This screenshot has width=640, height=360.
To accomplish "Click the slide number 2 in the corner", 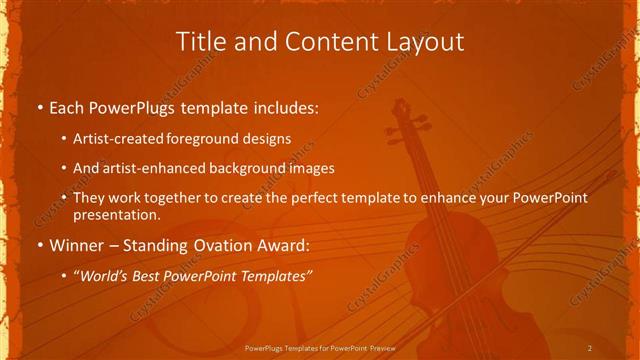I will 589,348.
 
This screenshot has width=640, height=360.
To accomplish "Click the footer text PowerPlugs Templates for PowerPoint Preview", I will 320,348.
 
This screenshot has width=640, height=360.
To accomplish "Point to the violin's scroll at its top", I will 398,108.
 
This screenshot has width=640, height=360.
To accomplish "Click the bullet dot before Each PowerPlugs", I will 39,105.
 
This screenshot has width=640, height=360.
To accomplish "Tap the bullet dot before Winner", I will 39,245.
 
